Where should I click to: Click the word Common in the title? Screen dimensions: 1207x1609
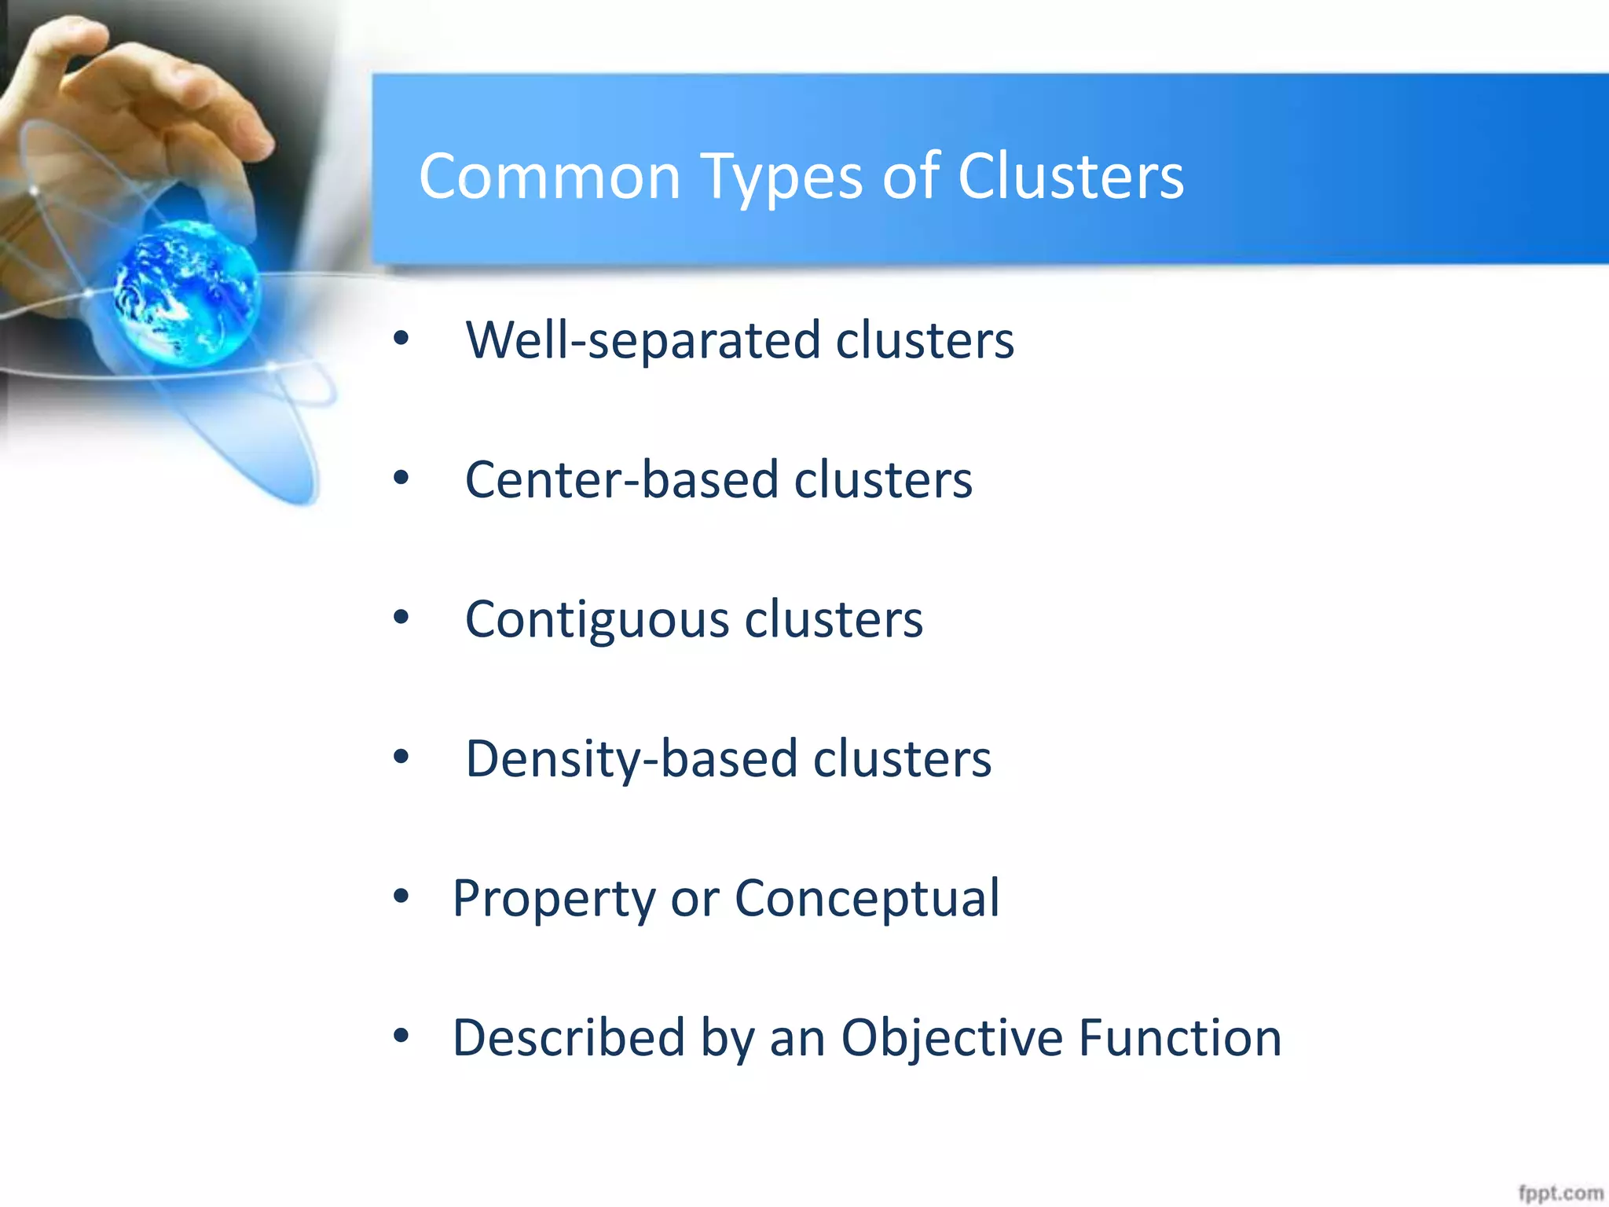pos(549,176)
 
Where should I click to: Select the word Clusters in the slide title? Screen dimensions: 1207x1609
pos(1070,176)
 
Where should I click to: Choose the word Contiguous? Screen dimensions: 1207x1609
pos(597,620)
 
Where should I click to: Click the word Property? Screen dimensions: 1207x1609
pos(553,899)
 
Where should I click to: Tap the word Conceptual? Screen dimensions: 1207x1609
pos(867,897)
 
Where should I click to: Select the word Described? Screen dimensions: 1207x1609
pos(568,1037)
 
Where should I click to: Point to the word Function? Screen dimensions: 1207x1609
pos(1179,1037)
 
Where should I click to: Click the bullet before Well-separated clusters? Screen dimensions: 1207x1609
pos(401,339)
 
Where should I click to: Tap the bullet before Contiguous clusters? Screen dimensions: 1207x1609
pos(401,618)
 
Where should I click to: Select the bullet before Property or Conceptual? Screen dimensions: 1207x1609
pos(401,896)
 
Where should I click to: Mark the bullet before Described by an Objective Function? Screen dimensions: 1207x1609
pos(401,1036)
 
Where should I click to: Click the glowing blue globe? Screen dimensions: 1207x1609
pos(186,292)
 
